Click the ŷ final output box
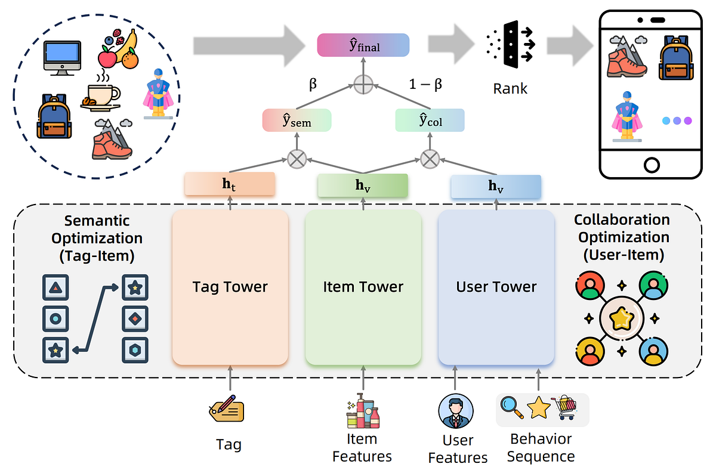(x=363, y=45)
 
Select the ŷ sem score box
(x=297, y=120)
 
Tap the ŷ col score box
(x=430, y=120)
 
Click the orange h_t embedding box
(x=230, y=184)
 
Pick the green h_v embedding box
(x=363, y=185)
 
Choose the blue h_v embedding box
(x=496, y=187)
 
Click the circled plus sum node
(x=363, y=85)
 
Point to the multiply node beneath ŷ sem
(x=297, y=159)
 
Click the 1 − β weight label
(x=425, y=84)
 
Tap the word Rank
(x=510, y=88)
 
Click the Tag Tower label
(x=230, y=287)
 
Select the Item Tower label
(x=363, y=287)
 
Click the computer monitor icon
(x=62, y=58)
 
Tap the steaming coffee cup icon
(x=100, y=93)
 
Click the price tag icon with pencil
(x=227, y=409)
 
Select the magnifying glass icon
(x=512, y=407)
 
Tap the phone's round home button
(x=652, y=165)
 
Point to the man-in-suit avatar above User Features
(x=456, y=411)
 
